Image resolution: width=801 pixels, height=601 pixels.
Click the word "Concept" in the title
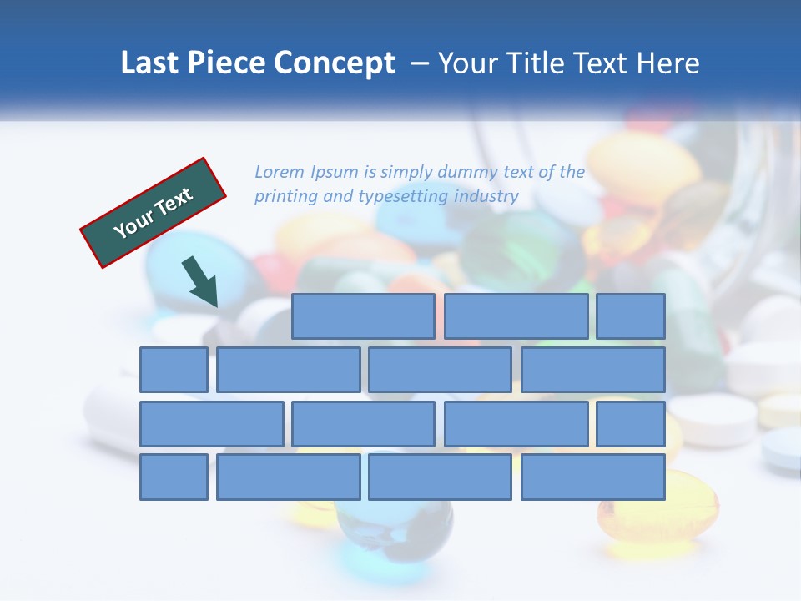pyautogui.click(x=335, y=63)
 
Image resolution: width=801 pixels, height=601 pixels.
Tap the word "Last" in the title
pyautogui.click(x=150, y=63)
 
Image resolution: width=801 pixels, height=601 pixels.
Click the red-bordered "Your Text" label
pyautogui.click(x=154, y=213)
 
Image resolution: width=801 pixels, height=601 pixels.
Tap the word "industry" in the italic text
pyautogui.click(x=486, y=197)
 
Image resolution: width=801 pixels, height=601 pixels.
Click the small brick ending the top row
pyautogui.click(x=630, y=316)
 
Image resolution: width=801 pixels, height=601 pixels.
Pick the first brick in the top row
pyautogui.click(x=363, y=316)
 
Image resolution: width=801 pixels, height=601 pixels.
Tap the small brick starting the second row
pyautogui.click(x=174, y=370)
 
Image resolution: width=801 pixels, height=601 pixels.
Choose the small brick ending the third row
pyautogui.click(x=630, y=424)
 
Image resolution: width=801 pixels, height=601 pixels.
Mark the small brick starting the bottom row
pyautogui.click(x=174, y=477)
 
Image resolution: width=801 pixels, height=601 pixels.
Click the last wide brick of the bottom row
pyautogui.click(x=593, y=477)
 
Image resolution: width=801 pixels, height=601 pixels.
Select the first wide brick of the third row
pyautogui.click(x=211, y=424)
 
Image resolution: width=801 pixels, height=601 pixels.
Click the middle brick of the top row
pyautogui.click(x=516, y=316)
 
